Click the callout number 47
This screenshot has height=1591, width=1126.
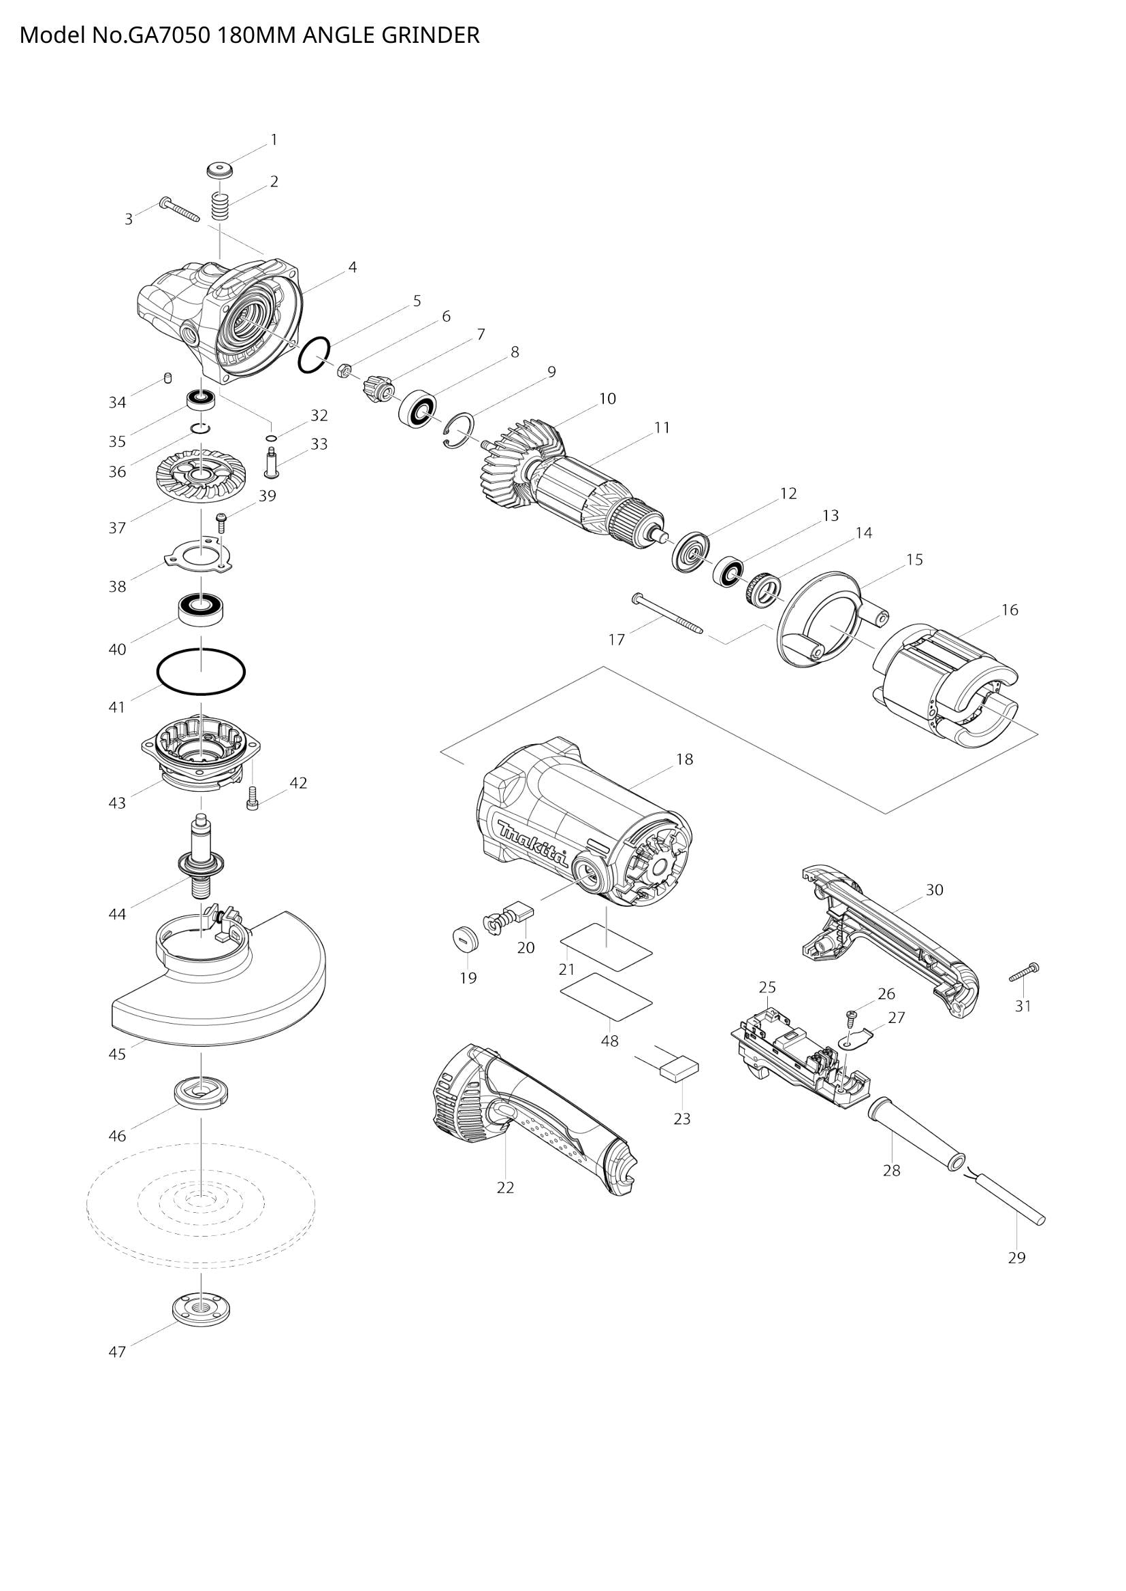117,1352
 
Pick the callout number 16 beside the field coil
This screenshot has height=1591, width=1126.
1010,609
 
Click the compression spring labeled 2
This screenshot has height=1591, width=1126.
220,207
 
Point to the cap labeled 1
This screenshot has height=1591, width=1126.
220,170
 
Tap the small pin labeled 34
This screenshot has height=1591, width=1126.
167,378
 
